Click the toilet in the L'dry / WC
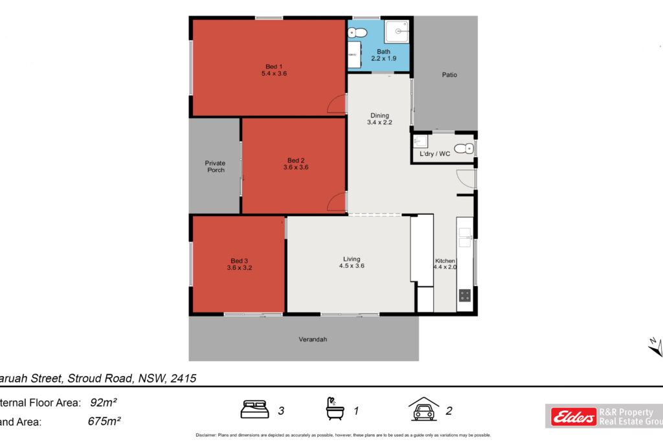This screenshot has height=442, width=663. tap(464, 149)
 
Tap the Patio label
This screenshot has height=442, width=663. tap(449, 75)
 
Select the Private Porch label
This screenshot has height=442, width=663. tap(215, 166)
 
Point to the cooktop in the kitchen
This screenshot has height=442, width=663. tap(465, 295)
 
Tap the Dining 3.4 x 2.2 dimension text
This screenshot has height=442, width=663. tap(379, 122)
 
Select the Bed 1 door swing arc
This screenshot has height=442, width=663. tap(335, 105)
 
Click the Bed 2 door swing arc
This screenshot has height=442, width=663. tap(335, 203)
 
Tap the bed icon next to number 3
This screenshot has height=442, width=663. tap(254, 409)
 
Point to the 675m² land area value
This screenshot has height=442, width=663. tap(104, 421)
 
